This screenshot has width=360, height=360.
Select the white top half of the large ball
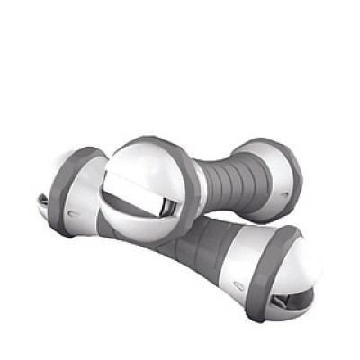[144, 162]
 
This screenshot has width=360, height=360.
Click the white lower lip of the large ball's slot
[143, 221]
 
